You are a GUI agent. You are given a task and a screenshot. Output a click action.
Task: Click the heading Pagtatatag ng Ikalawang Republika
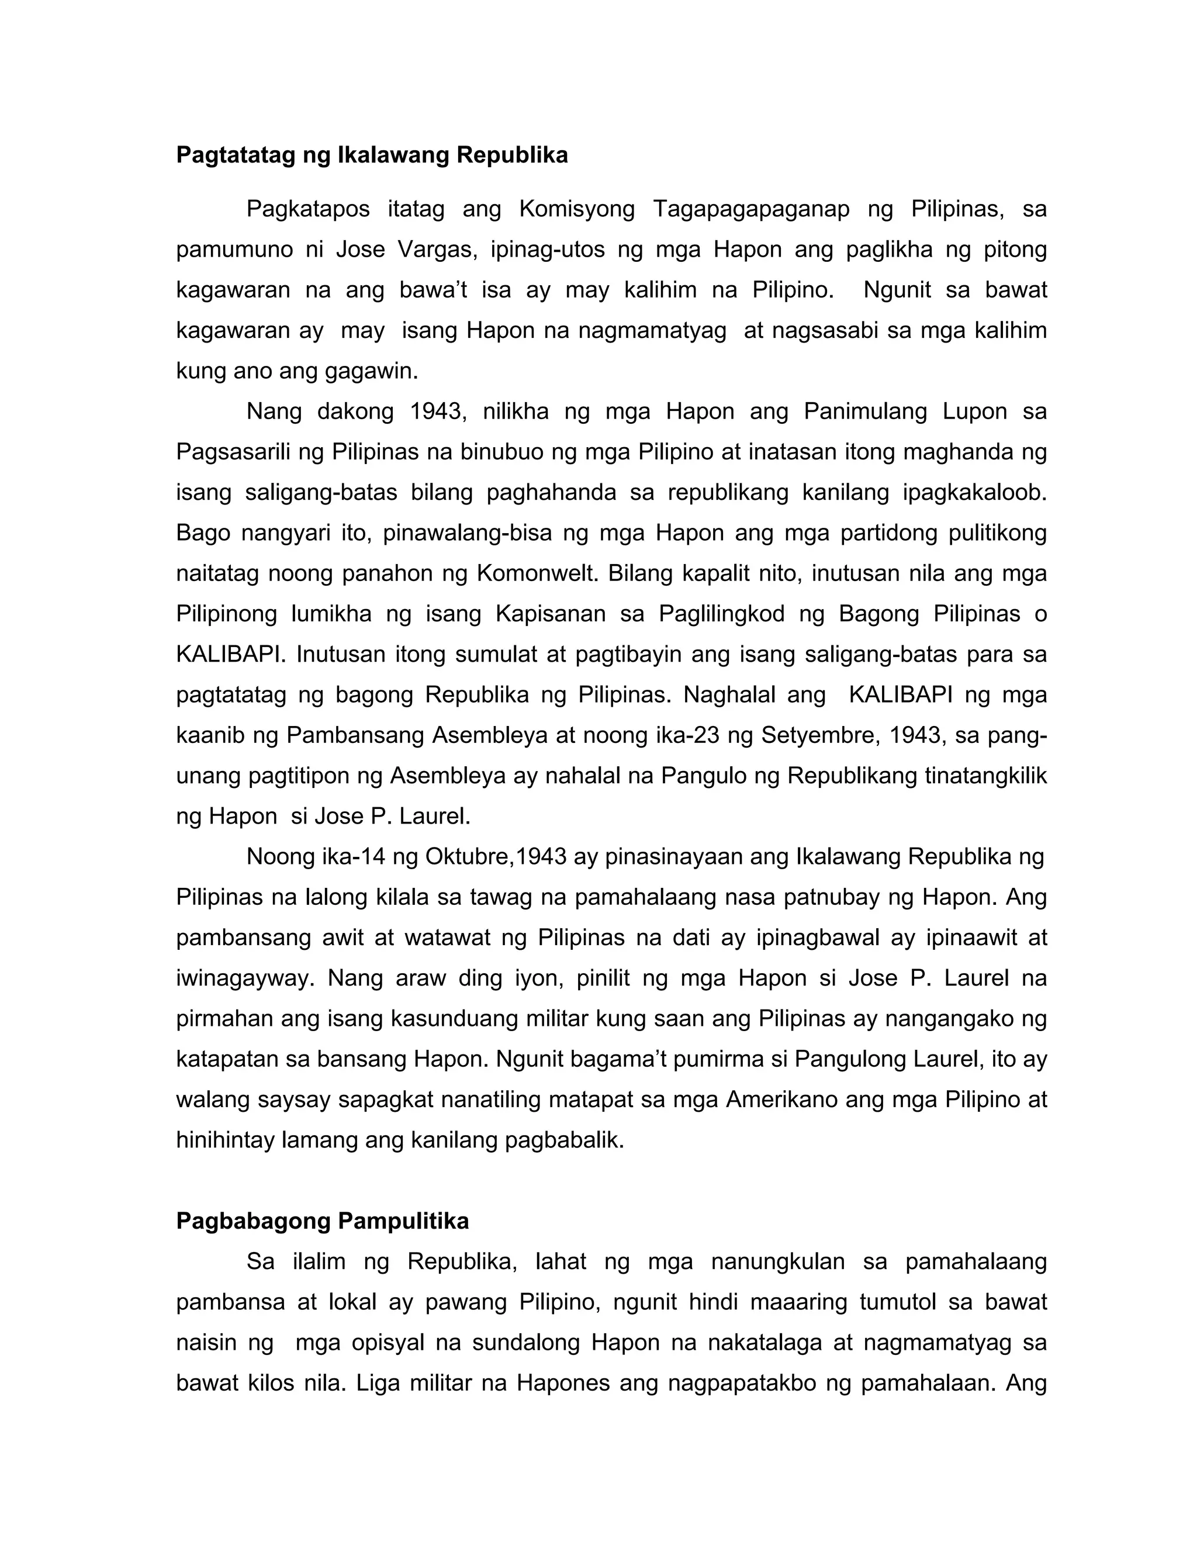click(x=372, y=155)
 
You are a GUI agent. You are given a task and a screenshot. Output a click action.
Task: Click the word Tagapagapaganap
click(x=751, y=209)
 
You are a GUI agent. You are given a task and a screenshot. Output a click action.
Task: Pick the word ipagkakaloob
click(x=974, y=492)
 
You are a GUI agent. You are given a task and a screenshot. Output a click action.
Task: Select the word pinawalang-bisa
click(x=468, y=533)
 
